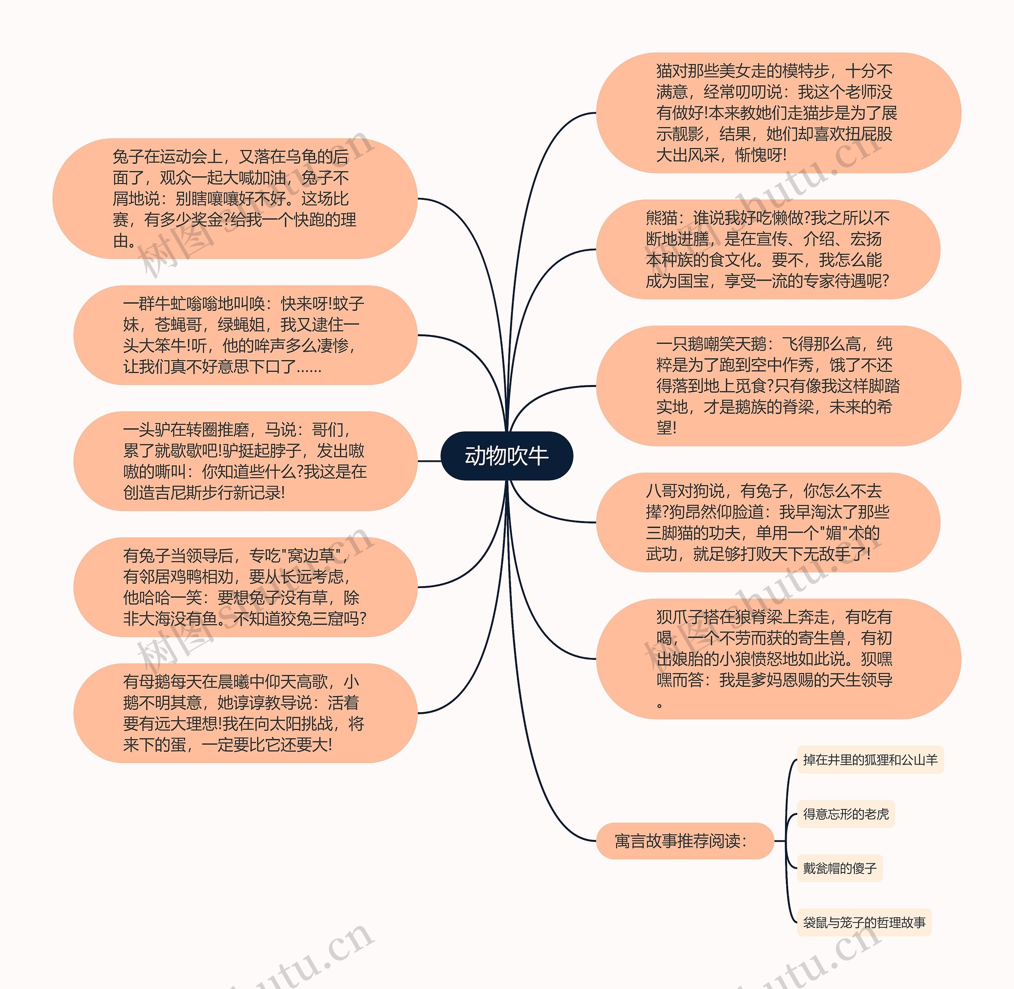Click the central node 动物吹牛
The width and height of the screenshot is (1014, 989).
507,456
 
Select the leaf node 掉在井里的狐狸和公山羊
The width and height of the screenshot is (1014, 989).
870,760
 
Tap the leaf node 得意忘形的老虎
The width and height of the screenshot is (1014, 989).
846,814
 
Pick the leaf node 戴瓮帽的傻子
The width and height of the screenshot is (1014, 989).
840,868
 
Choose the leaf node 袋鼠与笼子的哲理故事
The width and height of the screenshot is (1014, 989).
864,922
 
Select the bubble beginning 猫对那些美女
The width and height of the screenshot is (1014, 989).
778,113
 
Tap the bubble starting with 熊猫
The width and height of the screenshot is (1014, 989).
768,249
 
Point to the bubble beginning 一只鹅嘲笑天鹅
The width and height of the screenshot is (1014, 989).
778,386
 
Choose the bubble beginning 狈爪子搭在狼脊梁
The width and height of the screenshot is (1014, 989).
778,659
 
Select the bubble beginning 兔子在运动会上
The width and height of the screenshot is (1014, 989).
234,198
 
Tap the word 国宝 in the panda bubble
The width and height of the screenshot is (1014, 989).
693,281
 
